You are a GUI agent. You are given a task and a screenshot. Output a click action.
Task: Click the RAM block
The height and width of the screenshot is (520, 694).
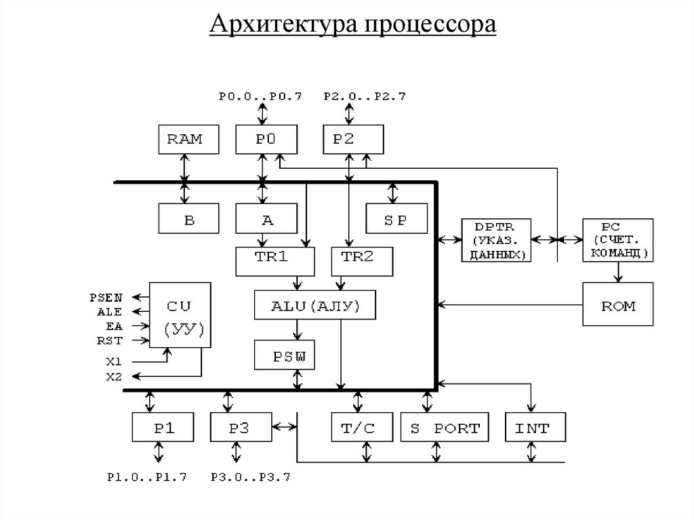(x=184, y=139)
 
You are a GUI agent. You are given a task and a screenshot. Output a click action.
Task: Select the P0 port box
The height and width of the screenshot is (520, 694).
(x=266, y=139)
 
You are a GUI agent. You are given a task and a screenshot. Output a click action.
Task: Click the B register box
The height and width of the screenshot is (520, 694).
(x=189, y=220)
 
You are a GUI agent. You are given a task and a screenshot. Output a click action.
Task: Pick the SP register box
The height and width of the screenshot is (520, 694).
(x=396, y=220)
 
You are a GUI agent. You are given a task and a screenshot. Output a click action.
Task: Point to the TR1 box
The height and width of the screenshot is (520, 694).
(x=275, y=261)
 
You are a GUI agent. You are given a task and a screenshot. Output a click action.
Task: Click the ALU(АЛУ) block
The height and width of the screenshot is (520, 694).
(x=316, y=305)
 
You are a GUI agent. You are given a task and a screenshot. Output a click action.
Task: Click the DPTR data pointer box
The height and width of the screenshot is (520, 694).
(x=497, y=240)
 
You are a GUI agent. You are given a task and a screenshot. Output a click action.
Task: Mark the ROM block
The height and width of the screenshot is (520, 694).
(x=618, y=305)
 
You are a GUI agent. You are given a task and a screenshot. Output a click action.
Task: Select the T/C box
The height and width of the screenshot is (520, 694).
(x=359, y=428)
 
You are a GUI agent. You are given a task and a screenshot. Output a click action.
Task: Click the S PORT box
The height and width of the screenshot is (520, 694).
(x=445, y=428)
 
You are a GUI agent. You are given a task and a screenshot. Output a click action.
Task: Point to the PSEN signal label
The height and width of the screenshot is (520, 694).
(x=106, y=297)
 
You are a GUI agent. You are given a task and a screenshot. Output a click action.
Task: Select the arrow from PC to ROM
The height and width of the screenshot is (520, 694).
(x=618, y=273)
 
